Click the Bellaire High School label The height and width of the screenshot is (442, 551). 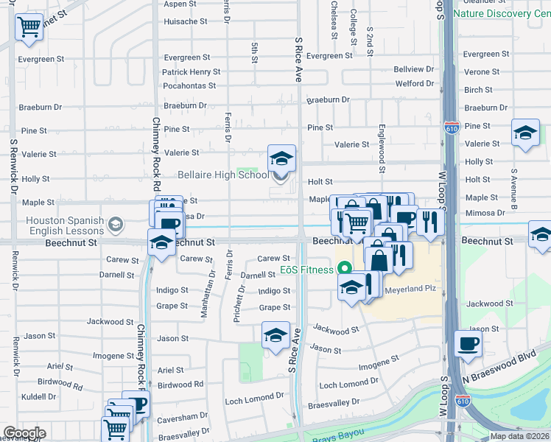[x=223, y=175]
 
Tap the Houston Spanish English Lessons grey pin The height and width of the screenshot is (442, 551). [x=115, y=223]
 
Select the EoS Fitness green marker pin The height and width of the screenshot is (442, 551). [x=344, y=270]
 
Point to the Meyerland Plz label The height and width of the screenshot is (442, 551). [x=411, y=289]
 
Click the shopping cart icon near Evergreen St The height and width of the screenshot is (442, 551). [x=29, y=27]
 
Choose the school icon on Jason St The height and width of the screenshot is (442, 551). [x=275, y=336]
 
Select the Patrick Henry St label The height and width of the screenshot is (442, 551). [x=191, y=72]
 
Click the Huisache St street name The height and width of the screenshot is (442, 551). [x=185, y=21]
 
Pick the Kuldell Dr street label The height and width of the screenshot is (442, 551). [x=39, y=396]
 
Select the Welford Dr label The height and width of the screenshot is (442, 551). [x=414, y=83]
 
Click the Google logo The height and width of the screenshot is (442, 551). [x=24, y=433]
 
